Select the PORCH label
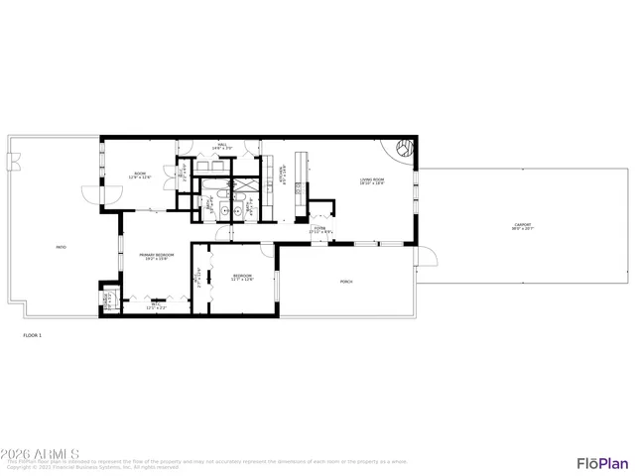point(346,282)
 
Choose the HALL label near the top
point(222,147)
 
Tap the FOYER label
point(319,229)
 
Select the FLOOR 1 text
point(33,335)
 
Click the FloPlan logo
point(602,463)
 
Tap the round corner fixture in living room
point(404,150)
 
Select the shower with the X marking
point(241,185)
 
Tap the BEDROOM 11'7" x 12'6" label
point(242,277)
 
